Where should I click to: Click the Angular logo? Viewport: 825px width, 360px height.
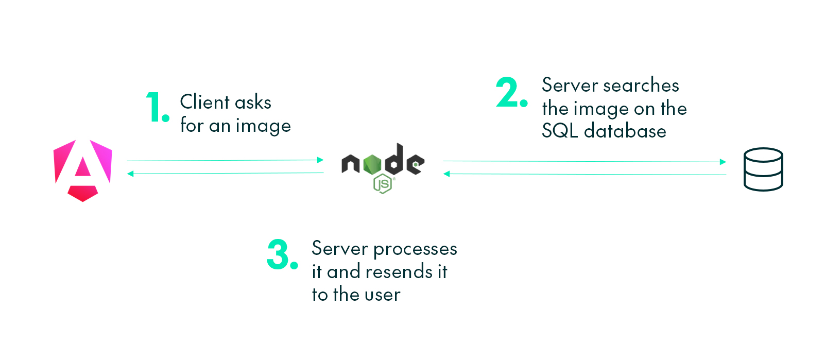82,170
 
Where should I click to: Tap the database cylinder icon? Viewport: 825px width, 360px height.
763,169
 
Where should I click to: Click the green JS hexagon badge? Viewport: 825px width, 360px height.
383,184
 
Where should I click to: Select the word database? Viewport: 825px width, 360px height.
625,131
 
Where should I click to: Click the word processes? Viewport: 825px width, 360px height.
415,250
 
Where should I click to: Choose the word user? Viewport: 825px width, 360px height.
382,295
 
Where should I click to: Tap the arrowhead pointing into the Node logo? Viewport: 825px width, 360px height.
320,160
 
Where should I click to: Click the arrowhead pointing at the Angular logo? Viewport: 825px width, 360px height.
130,174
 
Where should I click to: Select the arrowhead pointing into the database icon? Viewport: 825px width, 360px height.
723,162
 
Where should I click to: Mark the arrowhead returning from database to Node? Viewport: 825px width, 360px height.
446,174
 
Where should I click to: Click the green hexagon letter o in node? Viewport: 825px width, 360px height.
372,164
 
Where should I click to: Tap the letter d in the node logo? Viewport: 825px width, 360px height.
394,160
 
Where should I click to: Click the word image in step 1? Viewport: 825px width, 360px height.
263,126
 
